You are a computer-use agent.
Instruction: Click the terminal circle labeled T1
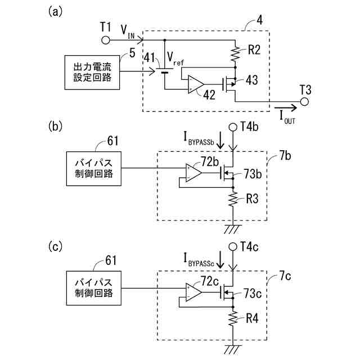click(x=105, y=40)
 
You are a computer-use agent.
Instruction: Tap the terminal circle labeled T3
click(x=305, y=101)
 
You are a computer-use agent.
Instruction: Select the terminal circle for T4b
click(x=232, y=127)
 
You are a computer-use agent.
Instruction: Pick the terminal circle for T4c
click(x=232, y=246)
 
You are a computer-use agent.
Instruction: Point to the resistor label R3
click(x=252, y=199)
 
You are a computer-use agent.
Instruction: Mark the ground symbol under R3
click(x=232, y=228)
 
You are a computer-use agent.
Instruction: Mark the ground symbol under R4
click(x=232, y=348)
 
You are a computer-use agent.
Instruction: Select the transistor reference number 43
click(x=251, y=80)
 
